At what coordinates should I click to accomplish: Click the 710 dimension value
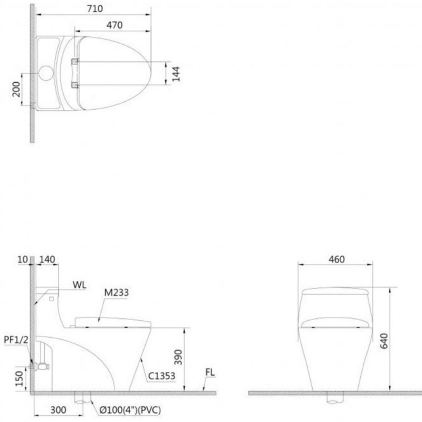click(x=94, y=8)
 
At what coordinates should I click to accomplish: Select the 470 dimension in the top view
click(x=114, y=25)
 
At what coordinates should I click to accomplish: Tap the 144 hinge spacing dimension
click(x=176, y=73)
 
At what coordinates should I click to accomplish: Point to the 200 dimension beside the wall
click(x=16, y=89)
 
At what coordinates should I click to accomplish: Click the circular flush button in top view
click(x=46, y=73)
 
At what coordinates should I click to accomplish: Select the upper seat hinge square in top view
click(x=75, y=62)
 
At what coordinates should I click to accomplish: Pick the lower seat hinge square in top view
click(x=75, y=85)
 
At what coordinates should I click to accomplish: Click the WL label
click(x=79, y=285)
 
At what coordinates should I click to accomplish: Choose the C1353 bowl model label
click(x=161, y=376)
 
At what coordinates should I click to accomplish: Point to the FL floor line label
click(x=210, y=373)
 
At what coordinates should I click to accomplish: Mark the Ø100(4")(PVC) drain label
click(x=130, y=410)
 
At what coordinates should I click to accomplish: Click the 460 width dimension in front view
click(x=336, y=259)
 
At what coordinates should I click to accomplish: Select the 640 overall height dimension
click(x=384, y=340)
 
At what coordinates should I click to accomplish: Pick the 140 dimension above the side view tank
click(x=47, y=259)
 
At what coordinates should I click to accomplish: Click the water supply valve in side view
click(x=41, y=366)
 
